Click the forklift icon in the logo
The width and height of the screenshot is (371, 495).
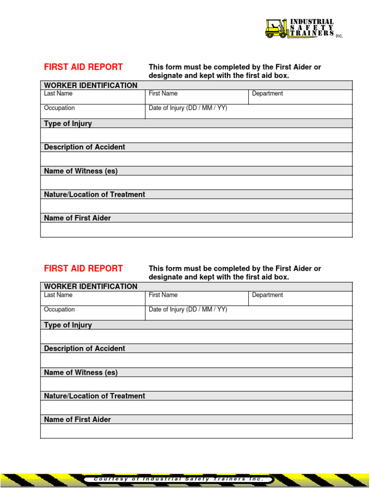(x=276, y=29)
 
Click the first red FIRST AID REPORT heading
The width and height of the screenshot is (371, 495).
(x=83, y=67)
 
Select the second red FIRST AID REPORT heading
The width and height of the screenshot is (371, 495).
(x=83, y=268)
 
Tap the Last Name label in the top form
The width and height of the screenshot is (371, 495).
(x=58, y=93)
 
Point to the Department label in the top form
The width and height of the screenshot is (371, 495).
(x=267, y=93)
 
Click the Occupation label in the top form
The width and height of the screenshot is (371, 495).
(x=59, y=108)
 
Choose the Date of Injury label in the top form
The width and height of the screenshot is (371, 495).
(x=188, y=108)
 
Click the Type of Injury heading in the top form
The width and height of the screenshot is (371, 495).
(x=68, y=123)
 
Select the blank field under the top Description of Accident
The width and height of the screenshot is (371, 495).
(x=196, y=159)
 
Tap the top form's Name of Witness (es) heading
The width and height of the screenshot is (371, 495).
(x=81, y=171)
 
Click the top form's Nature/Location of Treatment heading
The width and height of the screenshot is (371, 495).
(x=94, y=194)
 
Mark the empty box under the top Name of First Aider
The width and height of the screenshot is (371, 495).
(x=196, y=230)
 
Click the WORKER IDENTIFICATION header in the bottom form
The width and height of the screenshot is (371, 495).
(x=90, y=286)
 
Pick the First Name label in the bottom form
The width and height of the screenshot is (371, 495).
(x=163, y=295)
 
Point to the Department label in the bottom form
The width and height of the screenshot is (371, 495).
(x=267, y=295)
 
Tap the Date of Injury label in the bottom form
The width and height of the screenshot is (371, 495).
(x=188, y=309)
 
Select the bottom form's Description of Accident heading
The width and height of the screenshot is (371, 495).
(x=84, y=348)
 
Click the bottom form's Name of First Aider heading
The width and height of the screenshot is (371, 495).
(x=77, y=419)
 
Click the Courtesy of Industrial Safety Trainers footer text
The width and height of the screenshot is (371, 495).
(x=179, y=479)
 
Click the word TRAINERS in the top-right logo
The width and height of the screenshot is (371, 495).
(x=312, y=33)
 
